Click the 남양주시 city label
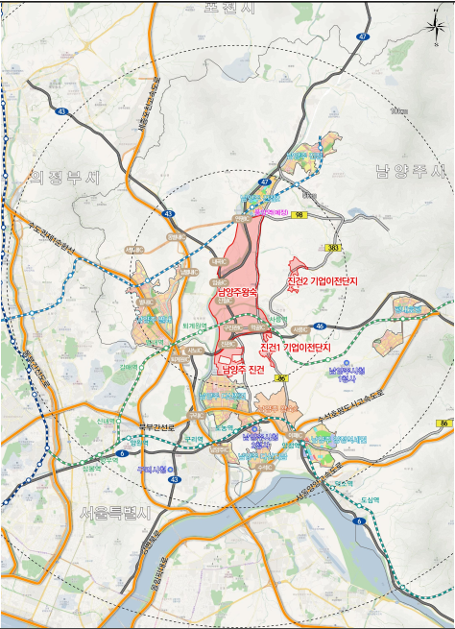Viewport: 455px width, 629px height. (410, 172)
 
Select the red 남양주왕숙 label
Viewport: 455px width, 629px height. (236, 292)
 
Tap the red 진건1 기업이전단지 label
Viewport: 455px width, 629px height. (296, 346)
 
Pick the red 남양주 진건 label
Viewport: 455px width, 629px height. (242, 369)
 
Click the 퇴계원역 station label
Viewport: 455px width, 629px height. (196, 326)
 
